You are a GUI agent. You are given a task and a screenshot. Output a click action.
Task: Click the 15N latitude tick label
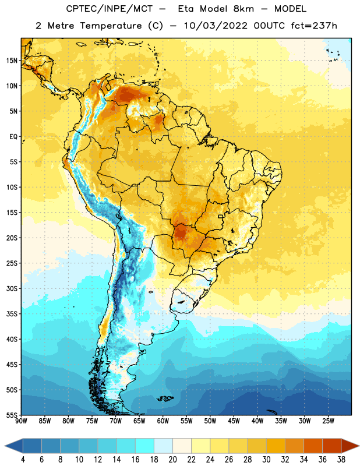[12, 61]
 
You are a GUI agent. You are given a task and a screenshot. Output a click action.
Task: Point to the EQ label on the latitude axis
[13, 137]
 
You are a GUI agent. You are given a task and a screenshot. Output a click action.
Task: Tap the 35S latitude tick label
[12, 314]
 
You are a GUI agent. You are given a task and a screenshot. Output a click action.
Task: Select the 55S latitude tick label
[12, 415]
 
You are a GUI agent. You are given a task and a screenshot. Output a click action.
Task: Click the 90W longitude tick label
[21, 421]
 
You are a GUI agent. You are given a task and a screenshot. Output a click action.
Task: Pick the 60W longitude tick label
[163, 421]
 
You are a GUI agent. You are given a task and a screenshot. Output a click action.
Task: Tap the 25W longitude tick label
[328, 421]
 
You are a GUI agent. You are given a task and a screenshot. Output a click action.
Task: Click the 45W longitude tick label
[234, 421]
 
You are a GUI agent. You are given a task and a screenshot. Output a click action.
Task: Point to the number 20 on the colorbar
[172, 460]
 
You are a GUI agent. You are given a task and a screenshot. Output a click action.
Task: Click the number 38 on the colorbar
[341, 460]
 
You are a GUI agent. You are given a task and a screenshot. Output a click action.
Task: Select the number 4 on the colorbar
[23, 460]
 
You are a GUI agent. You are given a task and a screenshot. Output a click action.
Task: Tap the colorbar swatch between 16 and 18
[144, 446]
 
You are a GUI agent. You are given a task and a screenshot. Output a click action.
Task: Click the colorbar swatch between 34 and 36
[313, 446]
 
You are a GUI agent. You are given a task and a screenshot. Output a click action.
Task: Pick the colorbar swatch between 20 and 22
[182, 446]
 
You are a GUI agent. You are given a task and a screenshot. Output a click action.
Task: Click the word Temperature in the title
[111, 26]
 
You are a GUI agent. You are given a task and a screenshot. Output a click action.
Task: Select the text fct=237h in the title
[314, 26]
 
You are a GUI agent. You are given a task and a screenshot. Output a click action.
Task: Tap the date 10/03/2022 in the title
[216, 26]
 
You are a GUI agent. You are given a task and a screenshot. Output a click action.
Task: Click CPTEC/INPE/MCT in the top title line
[109, 9]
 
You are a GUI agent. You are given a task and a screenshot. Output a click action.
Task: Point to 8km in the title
[243, 9]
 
